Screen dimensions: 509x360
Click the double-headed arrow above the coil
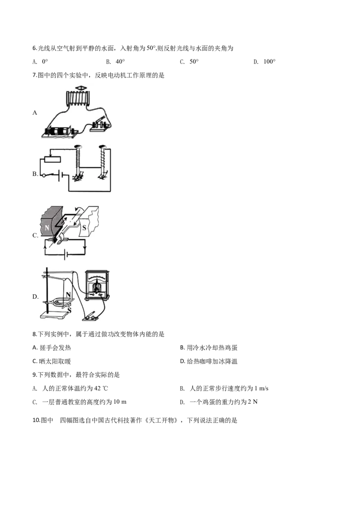tap(80, 87)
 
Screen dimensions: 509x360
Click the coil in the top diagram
tap(79, 98)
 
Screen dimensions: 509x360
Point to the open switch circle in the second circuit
tap(43, 175)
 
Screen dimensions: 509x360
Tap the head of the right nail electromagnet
tap(101, 147)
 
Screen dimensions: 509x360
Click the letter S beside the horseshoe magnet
tap(69, 309)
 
